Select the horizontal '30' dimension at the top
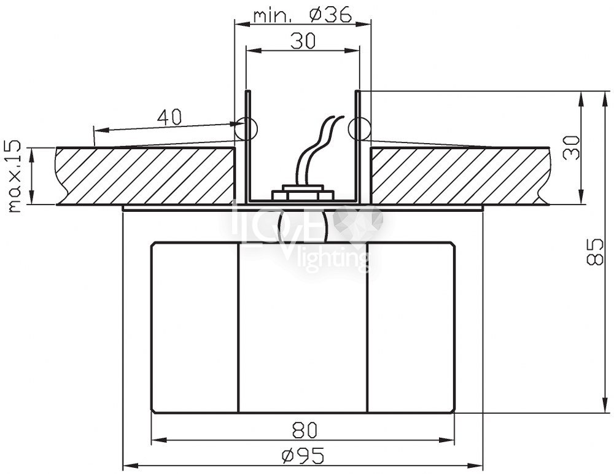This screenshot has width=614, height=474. tap(303, 41)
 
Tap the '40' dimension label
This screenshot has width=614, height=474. tap(169, 117)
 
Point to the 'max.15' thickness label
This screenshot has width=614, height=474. tap(15, 176)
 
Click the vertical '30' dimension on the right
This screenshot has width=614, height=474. tap(571, 147)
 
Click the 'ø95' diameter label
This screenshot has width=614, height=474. tap(303, 456)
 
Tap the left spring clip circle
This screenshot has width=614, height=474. tap(246, 128)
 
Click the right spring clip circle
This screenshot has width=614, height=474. tap(359, 128)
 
